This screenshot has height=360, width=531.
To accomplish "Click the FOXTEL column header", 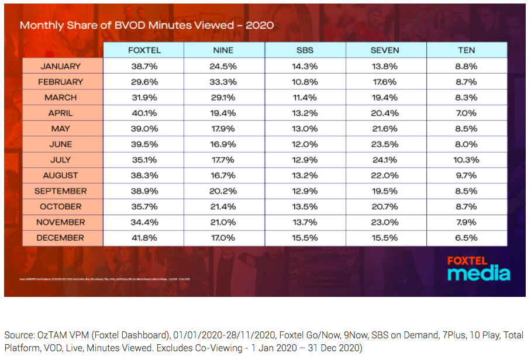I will pos(143,50).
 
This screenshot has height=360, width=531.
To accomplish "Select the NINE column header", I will pos(223,50).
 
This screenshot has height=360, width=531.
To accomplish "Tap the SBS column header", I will pos(305,50).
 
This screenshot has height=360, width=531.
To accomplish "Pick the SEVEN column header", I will pos(385,50).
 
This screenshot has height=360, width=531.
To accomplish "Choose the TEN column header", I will pos(466,50).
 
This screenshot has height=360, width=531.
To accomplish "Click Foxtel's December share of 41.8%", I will pos(143,238).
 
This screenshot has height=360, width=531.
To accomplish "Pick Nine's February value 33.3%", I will pos(223,82).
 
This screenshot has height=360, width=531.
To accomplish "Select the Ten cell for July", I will pos(466,160).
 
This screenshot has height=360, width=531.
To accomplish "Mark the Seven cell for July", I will pos(385,160).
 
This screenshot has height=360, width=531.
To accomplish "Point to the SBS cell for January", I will pos(305,66).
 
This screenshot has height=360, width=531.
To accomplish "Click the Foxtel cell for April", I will pos(143,113).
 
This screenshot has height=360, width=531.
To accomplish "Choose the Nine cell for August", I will pos(223,175).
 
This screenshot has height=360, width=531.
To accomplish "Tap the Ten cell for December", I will pos(466,238).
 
